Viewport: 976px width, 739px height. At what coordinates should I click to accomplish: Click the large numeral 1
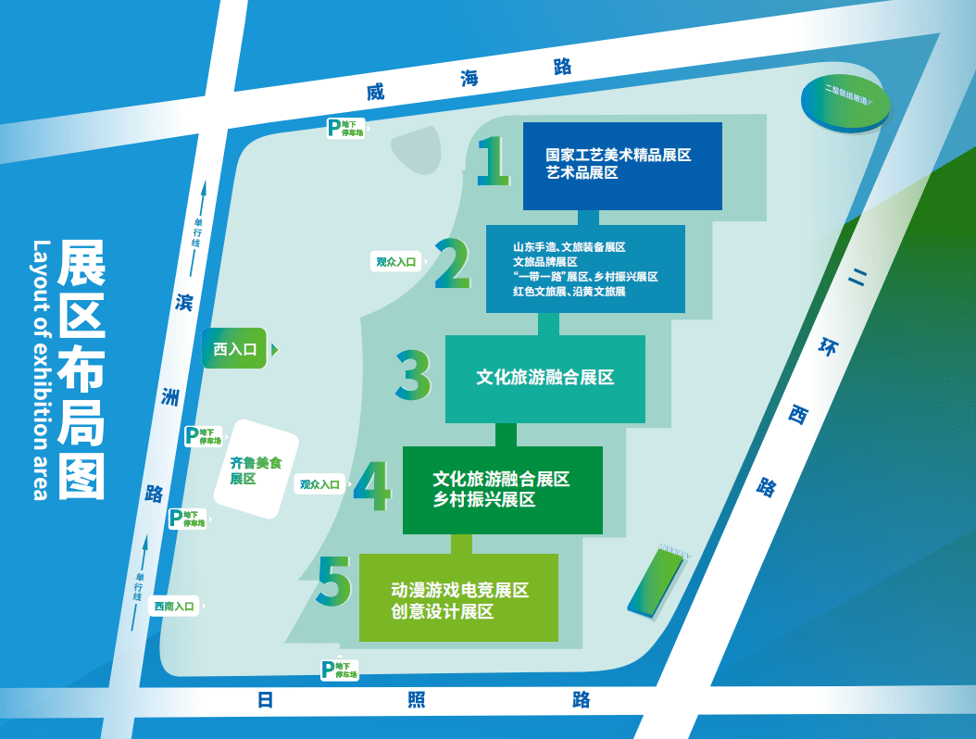(494, 161)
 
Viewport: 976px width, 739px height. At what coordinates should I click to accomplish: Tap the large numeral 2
(453, 265)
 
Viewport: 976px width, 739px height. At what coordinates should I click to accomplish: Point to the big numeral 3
(413, 375)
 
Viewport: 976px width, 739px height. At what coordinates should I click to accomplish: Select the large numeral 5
(334, 582)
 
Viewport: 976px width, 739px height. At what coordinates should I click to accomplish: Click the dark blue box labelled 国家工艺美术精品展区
(621, 166)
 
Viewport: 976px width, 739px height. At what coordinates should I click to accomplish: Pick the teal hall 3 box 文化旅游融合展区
(544, 378)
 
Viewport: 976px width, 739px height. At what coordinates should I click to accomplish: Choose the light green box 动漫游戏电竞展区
(458, 597)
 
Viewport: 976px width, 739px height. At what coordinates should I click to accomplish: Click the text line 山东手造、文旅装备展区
(569, 247)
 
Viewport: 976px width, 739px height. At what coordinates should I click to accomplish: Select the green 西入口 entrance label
(235, 349)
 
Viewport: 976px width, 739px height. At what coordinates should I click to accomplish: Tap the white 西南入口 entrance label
(175, 607)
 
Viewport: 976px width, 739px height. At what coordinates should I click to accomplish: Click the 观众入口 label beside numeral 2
(397, 262)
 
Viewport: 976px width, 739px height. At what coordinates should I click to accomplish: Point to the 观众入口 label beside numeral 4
(320, 484)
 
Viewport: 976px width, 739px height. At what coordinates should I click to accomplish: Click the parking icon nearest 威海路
(334, 128)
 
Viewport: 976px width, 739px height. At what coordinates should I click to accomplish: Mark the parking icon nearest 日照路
(327, 670)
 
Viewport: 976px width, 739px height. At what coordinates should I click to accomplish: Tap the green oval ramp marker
(845, 100)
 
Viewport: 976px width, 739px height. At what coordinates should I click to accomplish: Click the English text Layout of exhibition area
(40, 369)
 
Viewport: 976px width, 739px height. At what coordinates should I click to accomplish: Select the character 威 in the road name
(374, 93)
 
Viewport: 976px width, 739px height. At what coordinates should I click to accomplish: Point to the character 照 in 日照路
(417, 700)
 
